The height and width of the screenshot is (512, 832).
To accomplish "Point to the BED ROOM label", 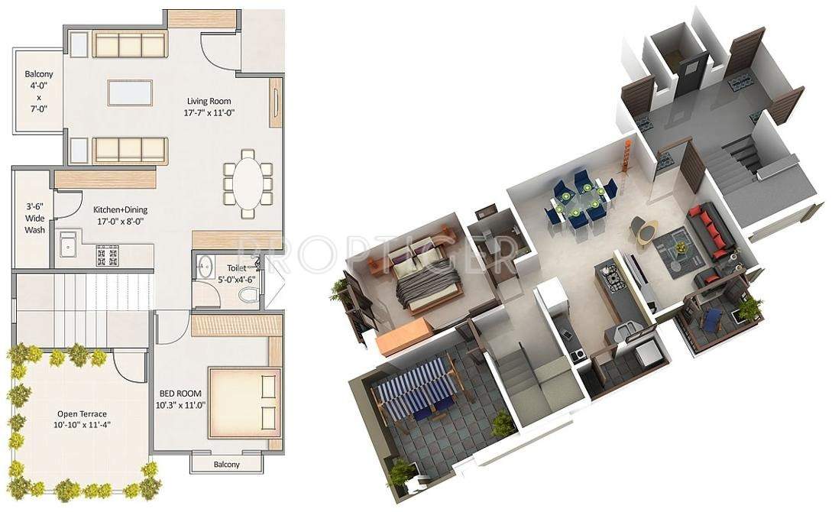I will click(x=181, y=399).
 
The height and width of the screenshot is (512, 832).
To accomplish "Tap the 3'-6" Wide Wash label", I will click(x=34, y=218).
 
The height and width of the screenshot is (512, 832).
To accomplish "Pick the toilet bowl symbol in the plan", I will click(x=244, y=295).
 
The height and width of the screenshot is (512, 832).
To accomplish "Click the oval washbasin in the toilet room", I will click(x=205, y=269).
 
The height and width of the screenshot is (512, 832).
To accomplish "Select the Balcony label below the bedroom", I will click(x=225, y=465).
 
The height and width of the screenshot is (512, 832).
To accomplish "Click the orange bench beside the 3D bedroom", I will click(x=402, y=335).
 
